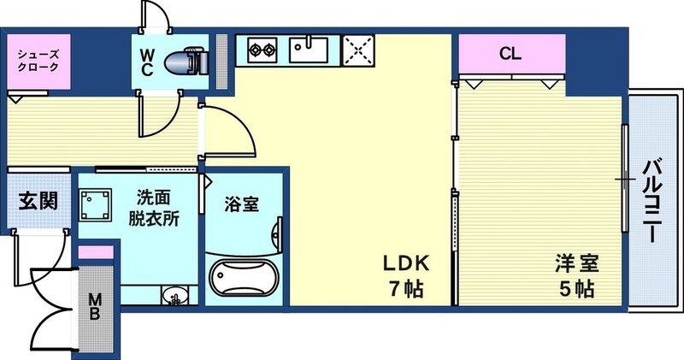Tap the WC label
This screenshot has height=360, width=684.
point(147,62)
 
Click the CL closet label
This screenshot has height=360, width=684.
point(510,55)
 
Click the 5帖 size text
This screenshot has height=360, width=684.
point(578,288)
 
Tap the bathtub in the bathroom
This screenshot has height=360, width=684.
point(245,279)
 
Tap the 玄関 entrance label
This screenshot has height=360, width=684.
point(38,203)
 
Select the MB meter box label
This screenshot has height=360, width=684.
point(96,305)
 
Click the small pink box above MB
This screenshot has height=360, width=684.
point(96,252)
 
